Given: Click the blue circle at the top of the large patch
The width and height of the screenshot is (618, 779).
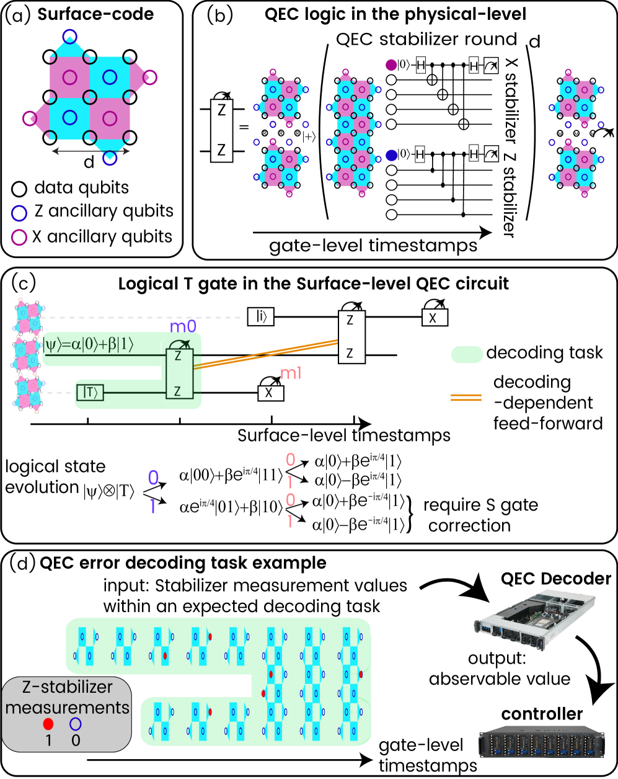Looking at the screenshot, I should tap(70, 37).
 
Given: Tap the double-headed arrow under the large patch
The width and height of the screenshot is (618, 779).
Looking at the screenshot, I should tap(90, 151).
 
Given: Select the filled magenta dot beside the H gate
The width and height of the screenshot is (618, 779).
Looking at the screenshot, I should tap(391, 65).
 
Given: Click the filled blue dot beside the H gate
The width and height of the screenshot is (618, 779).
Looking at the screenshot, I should tap(391, 155).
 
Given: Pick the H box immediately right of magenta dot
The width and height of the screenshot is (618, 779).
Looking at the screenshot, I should tap(421, 65).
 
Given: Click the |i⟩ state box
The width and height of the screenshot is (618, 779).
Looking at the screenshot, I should tap(260, 317).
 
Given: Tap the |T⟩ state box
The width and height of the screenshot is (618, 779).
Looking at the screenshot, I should tap(90, 392).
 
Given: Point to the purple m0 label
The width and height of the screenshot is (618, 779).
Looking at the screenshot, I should tap(183, 326).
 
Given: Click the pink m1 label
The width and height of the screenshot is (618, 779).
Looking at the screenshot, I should tap(291, 373).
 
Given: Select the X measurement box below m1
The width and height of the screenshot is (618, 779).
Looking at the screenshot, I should tap(270, 393).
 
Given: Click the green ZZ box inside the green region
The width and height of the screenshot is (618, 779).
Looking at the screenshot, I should tap(179, 373).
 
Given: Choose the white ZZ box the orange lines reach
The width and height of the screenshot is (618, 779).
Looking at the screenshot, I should tap(351, 337).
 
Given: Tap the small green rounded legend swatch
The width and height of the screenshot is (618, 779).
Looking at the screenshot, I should tap(467, 355).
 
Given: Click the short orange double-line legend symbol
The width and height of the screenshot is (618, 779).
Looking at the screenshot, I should tap(466, 398).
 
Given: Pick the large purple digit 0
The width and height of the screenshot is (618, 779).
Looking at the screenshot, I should tap(153, 478).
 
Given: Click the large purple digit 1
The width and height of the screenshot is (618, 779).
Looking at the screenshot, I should tap(152, 507).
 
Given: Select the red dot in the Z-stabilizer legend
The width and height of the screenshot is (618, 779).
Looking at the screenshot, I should tap(48, 724).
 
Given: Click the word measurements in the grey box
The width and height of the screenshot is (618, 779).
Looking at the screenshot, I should tap(67, 707).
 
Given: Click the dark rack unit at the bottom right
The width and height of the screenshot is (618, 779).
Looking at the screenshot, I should tap(541, 742).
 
